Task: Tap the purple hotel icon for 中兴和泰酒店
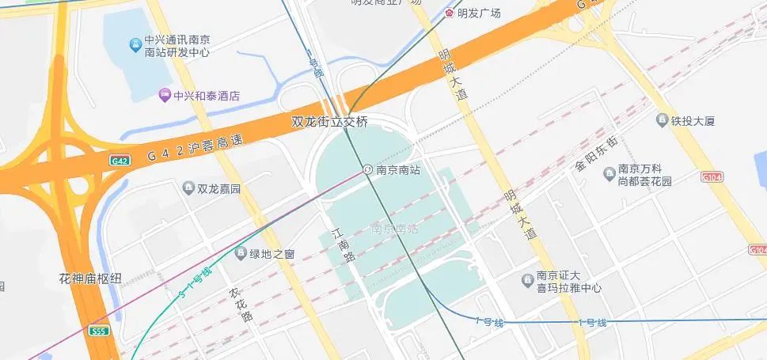[x=165, y=96]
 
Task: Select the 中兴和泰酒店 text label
[x=207, y=97]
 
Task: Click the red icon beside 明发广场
[x=450, y=13]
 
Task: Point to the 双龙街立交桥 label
[x=330, y=122]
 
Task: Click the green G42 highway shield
[x=119, y=161]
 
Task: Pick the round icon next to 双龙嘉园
[x=188, y=188]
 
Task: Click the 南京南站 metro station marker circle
[x=368, y=169]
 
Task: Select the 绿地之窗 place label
[x=272, y=254]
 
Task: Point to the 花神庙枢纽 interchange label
[x=90, y=279]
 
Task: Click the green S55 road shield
[x=98, y=331]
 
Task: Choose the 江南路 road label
[x=340, y=247]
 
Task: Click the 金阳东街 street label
[x=595, y=155]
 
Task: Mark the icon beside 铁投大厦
[x=663, y=120]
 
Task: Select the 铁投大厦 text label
[x=693, y=121]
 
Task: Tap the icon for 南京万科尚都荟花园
[x=609, y=174]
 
